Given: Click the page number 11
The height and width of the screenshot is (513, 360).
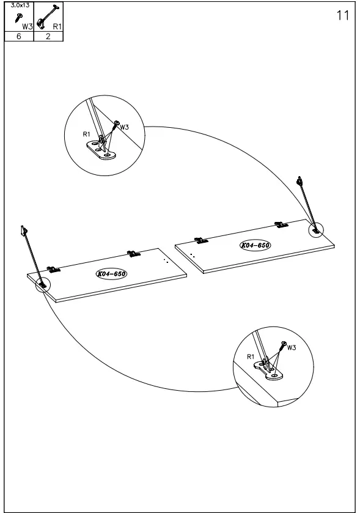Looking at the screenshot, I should pyautogui.click(x=343, y=15).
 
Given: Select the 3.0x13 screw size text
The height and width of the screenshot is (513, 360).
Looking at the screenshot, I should pyautogui.click(x=19, y=6).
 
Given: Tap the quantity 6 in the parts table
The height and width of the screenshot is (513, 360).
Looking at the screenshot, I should pyautogui.click(x=18, y=37).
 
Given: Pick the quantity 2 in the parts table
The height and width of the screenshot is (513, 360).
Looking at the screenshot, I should pyautogui.click(x=48, y=37).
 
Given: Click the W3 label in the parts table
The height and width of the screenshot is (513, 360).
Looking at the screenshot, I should pyautogui.click(x=26, y=26).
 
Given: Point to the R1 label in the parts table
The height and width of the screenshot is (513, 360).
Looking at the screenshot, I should pyautogui.click(x=57, y=26).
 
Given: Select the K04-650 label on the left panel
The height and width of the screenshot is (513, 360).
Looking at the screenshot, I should pyautogui.click(x=111, y=273).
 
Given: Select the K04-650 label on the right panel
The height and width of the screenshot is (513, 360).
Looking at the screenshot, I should pyautogui.click(x=255, y=245).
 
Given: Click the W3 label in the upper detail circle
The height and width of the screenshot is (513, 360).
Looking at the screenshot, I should pyautogui.click(x=124, y=127).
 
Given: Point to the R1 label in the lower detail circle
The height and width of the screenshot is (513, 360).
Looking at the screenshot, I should pyautogui.click(x=251, y=356).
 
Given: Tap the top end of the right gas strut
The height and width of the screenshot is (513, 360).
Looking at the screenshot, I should pyautogui.click(x=299, y=181).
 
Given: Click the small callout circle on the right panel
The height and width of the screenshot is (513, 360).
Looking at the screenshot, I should pyautogui.click(x=316, y=230).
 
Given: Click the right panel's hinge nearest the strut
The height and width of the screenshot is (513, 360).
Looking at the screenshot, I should pyautogui.click(x=281, y=225).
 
